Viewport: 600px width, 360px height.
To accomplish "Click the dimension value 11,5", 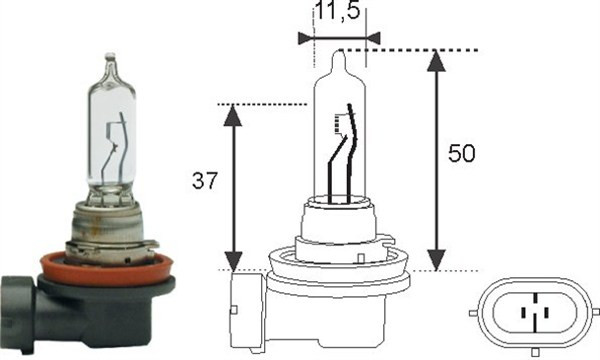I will pos(338,14).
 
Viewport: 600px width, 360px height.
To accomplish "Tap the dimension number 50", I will pos(460,155).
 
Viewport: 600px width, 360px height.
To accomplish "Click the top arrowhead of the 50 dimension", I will pos(436,60).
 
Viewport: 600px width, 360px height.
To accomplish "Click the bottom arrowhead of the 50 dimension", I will pos(436,260).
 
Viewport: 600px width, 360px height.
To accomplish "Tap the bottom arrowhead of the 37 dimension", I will pos(232,259).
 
